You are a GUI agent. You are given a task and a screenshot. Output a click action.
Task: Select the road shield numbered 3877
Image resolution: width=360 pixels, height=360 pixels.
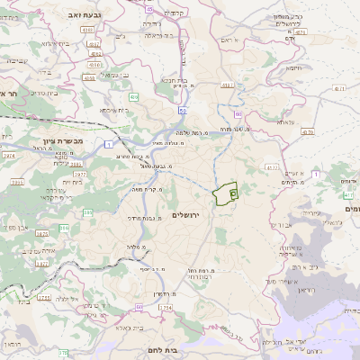tap(41, 264)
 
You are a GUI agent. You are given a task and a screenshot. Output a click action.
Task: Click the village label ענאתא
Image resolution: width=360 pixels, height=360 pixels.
tap(286, 121)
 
